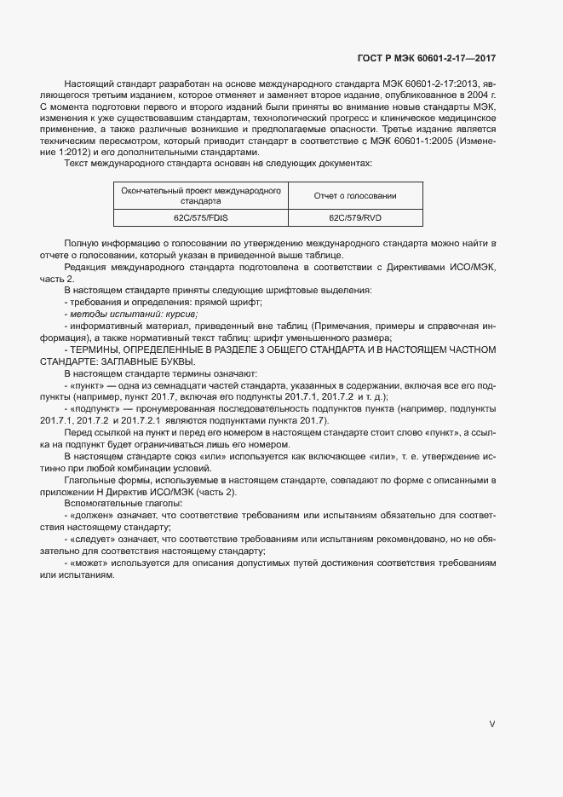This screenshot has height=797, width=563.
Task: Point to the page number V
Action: [491, 724]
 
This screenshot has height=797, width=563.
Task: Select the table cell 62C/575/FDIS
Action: [201, 218]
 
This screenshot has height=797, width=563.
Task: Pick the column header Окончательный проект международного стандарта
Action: [201, 196]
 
